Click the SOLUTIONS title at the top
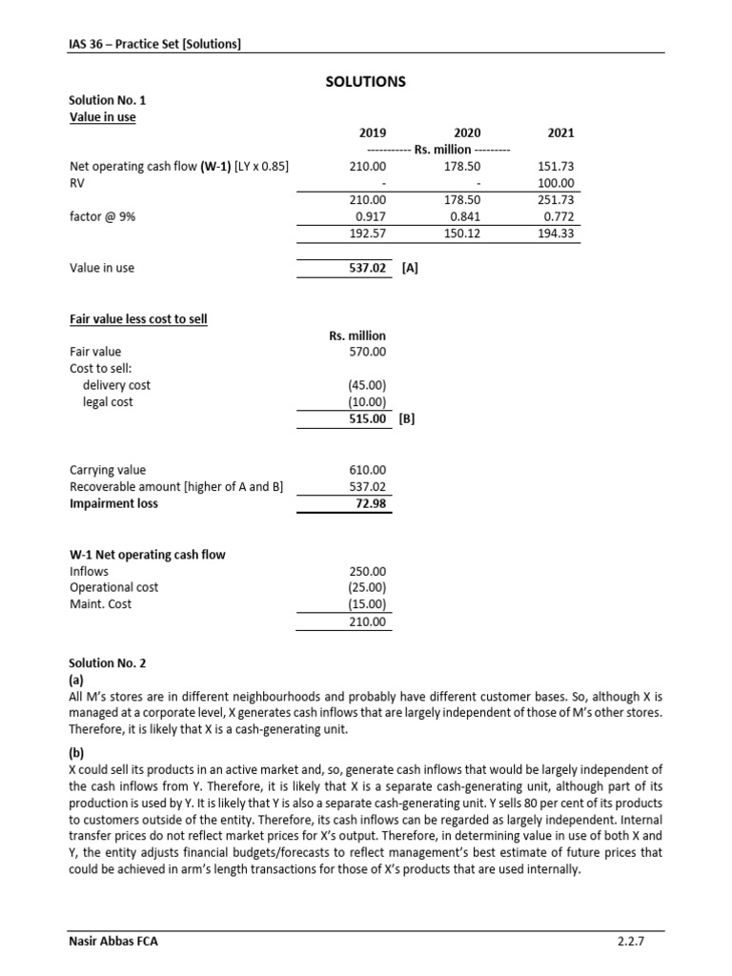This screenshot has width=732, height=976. (366, 82)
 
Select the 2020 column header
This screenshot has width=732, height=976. (467, 133)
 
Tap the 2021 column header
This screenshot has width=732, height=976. (561, 133)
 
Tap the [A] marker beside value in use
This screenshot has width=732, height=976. (409, 268)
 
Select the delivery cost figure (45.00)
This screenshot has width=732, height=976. (367, 385)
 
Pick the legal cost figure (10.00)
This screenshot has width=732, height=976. (367, 402)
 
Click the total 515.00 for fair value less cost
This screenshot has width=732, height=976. (368, 418)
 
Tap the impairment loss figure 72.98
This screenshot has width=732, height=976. (371, 504)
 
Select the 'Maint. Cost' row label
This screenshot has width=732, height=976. (100, 604)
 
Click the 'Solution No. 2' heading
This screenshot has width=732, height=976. (108, 662)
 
